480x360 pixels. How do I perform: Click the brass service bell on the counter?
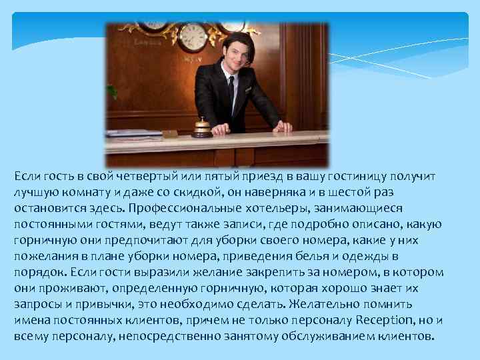(202, 127)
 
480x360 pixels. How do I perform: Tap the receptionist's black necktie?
(231, 93)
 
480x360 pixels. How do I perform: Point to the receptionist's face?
(234, 53)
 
